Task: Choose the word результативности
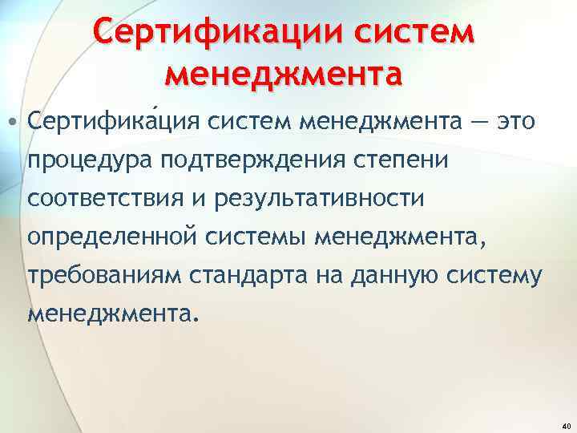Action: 310,197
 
